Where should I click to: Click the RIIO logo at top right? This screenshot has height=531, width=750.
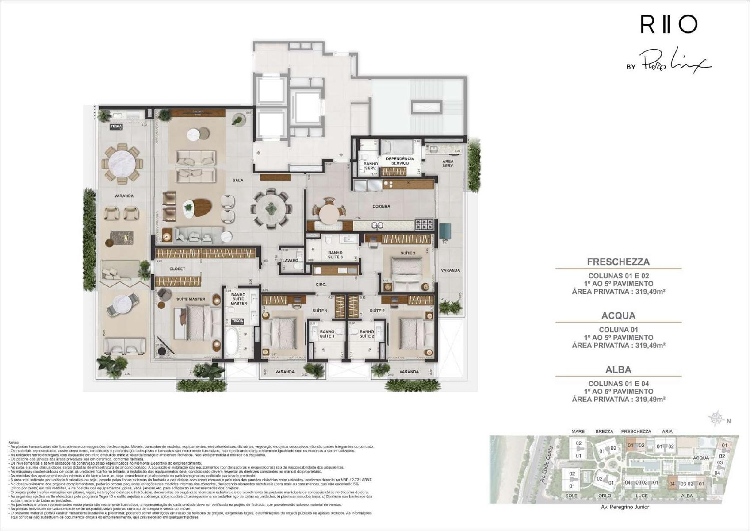coord(669,25)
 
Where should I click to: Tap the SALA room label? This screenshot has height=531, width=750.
coord(238,180)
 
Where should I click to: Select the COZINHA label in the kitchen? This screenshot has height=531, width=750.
coord(381,206)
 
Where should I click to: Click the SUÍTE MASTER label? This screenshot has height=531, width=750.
coord(191,299)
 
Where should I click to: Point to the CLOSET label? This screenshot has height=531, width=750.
coord(177,269)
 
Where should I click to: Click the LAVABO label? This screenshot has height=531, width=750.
coord(291,261)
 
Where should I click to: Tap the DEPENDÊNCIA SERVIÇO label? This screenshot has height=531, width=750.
coord(400,161)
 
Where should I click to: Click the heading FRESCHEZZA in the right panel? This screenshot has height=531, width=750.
coord(618,262)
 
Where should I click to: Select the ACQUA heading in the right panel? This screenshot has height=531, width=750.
coord(618,316)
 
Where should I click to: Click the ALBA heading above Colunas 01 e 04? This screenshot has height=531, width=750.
coord(618,369)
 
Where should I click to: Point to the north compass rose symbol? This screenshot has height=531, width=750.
coord(716,419)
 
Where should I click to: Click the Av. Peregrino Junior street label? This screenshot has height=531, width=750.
coord(625,507)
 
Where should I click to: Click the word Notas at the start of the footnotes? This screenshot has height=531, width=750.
coord(14,442)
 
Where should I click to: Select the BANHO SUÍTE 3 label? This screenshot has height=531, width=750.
coord(335,255)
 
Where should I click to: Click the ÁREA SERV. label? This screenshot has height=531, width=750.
coord(448,163)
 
